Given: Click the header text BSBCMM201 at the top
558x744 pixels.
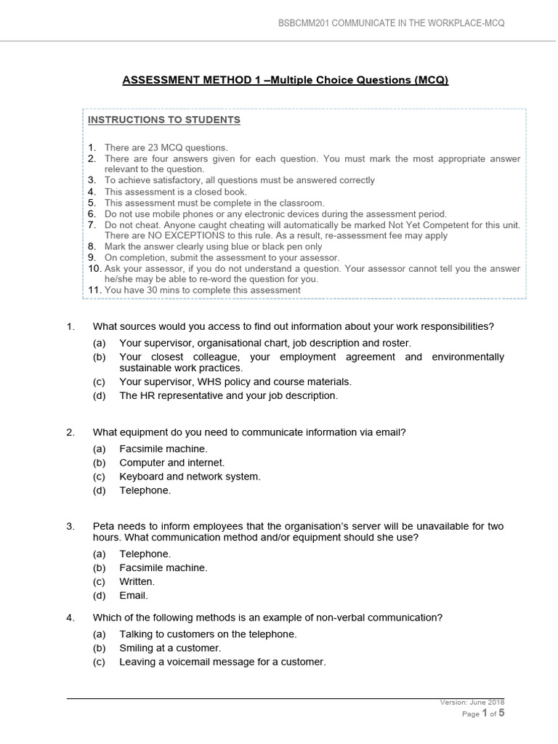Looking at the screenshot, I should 304,23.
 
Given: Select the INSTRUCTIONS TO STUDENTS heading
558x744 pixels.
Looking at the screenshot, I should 164,120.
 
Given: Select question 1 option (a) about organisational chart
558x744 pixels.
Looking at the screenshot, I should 264,343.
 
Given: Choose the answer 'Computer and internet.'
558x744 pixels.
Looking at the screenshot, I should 171,463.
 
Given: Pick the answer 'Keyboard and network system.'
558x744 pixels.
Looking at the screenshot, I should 190,477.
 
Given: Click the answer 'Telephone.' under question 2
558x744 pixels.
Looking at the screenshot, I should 145,490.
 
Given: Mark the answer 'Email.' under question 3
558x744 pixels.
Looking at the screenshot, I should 134,596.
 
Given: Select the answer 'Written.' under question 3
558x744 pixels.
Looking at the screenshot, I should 137,582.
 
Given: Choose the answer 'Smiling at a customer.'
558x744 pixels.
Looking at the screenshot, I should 170,648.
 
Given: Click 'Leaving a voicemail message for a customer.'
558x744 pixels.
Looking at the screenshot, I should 222,662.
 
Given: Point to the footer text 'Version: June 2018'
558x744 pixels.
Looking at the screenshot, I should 472,703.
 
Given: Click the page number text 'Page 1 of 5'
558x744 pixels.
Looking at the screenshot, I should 482,713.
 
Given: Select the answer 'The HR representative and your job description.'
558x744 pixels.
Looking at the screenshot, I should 228,396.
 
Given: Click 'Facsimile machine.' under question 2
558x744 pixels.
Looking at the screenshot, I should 163,449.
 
